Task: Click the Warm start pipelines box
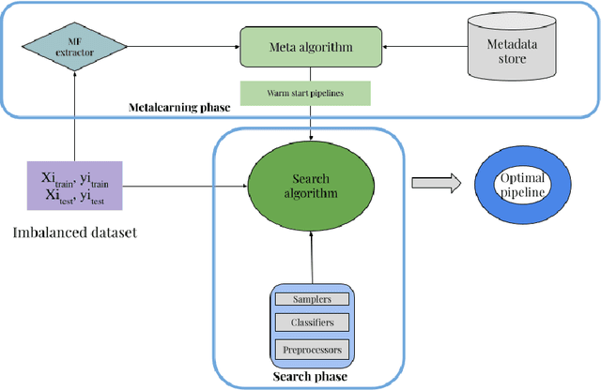tap(306, 94)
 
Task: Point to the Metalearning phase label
tap(179, 108)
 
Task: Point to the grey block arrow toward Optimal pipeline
tap(438, 185)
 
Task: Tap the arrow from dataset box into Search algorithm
tap(182, 185)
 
